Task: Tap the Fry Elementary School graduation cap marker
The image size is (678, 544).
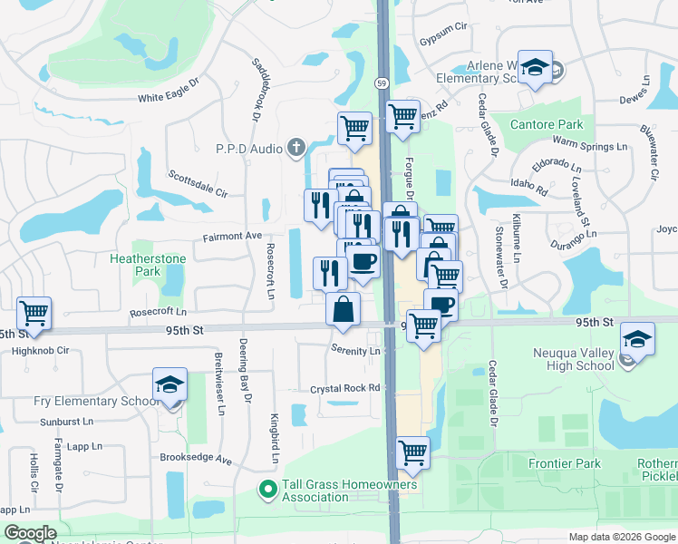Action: coord(169,385)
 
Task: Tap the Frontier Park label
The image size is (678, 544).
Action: coord(564,464)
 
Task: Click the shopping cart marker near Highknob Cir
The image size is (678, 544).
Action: coord(34,314)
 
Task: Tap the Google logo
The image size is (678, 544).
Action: coord(30,533)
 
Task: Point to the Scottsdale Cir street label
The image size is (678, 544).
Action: coord(198,183)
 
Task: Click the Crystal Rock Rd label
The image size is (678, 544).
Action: coord(344,388)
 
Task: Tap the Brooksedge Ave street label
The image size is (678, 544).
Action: coord(196,460)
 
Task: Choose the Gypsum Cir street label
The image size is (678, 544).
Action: coord(441,42)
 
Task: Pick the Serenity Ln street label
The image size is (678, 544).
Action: coord(355,351)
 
